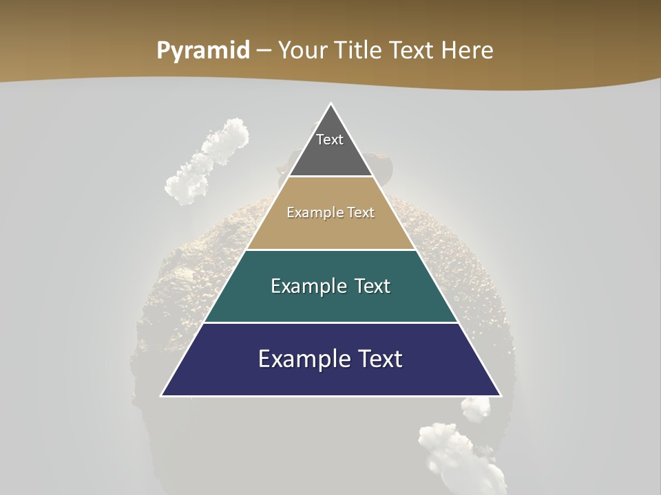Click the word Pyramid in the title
[202, 51]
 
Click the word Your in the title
[304, 51]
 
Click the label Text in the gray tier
[330, 140]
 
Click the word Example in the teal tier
[306, 286]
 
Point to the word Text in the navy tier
[379, 359]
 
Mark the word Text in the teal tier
[373, 286]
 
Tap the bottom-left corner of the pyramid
[162, 395]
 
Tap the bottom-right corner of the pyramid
[500, 395]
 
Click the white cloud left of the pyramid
[207, 162]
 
